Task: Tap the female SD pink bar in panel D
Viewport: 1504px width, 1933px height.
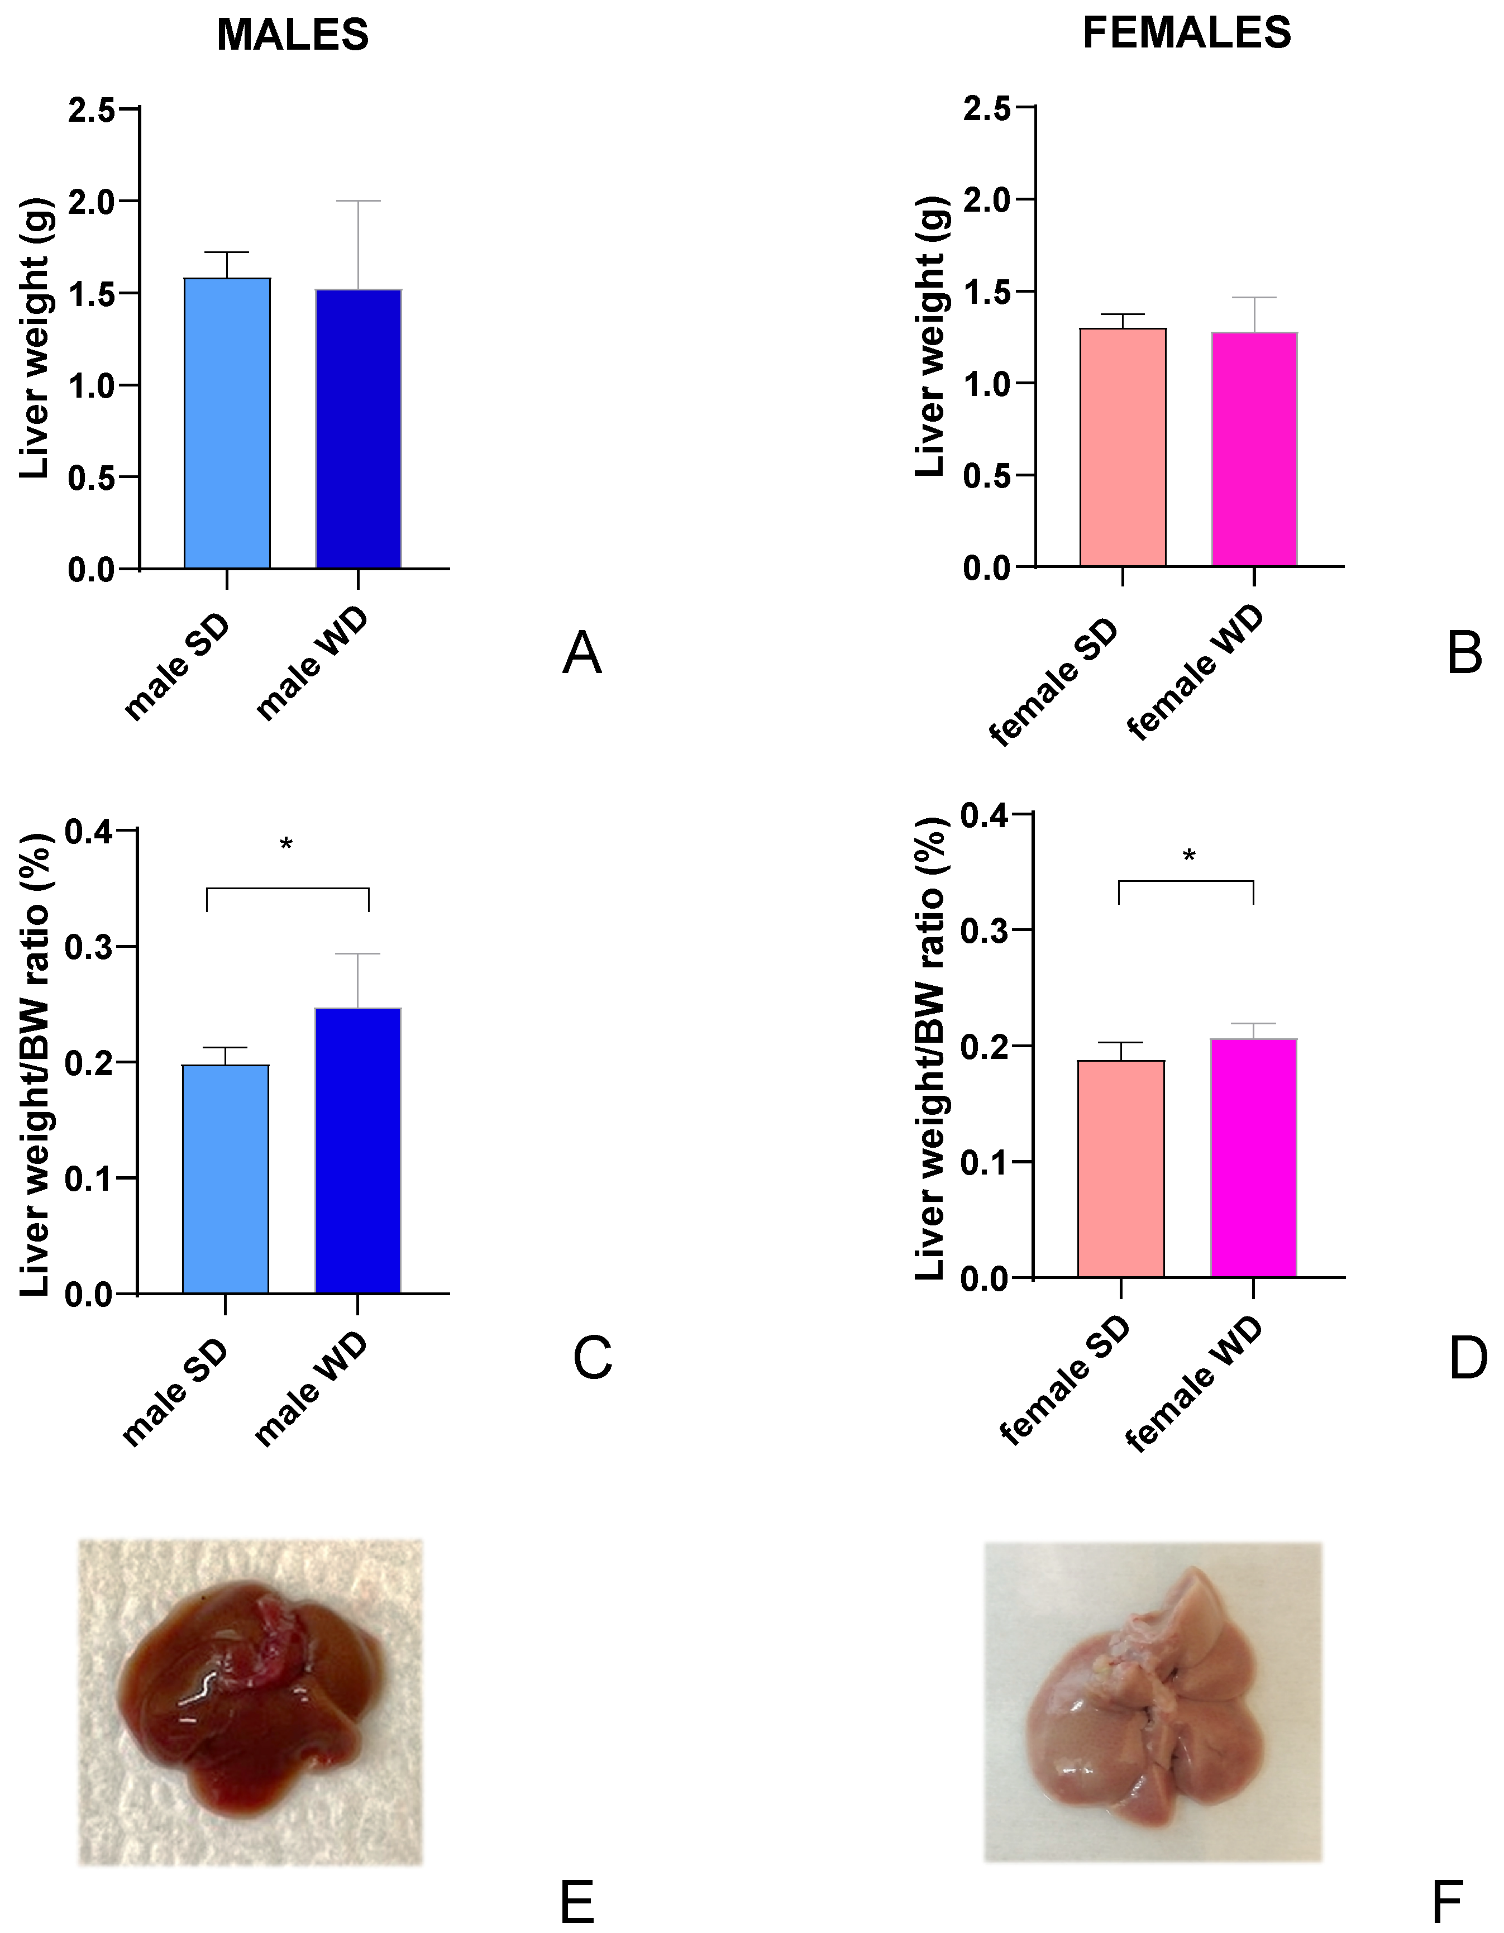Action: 1121,1168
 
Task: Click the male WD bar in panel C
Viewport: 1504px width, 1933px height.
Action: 357,1151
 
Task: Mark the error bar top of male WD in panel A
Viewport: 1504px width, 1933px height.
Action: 359,202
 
